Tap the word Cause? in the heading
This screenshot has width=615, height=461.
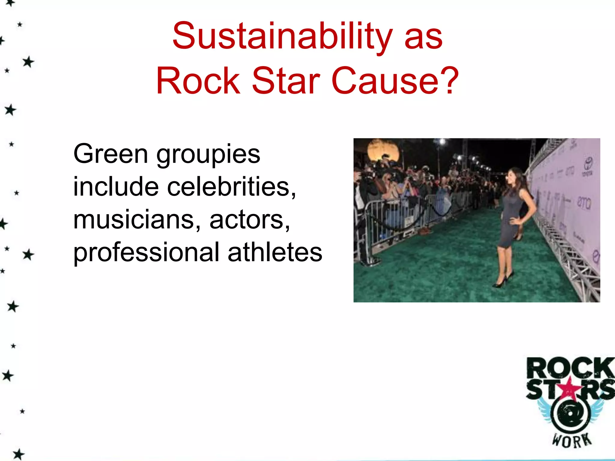(x=395, y=80)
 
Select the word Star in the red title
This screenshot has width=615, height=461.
(x=285, y=80)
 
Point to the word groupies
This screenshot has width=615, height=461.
(x=208, y=155)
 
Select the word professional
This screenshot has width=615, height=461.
(x=147, y=252)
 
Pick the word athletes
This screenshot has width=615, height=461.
(x=275, y=252)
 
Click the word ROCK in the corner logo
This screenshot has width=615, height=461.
(x=570, y=368)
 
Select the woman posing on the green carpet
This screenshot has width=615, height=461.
(x=510, y=222)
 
